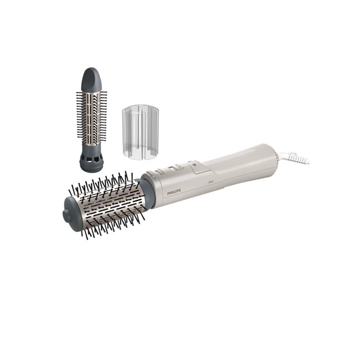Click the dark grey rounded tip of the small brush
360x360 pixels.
[92, 78]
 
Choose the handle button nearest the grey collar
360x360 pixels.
[160, 173]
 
